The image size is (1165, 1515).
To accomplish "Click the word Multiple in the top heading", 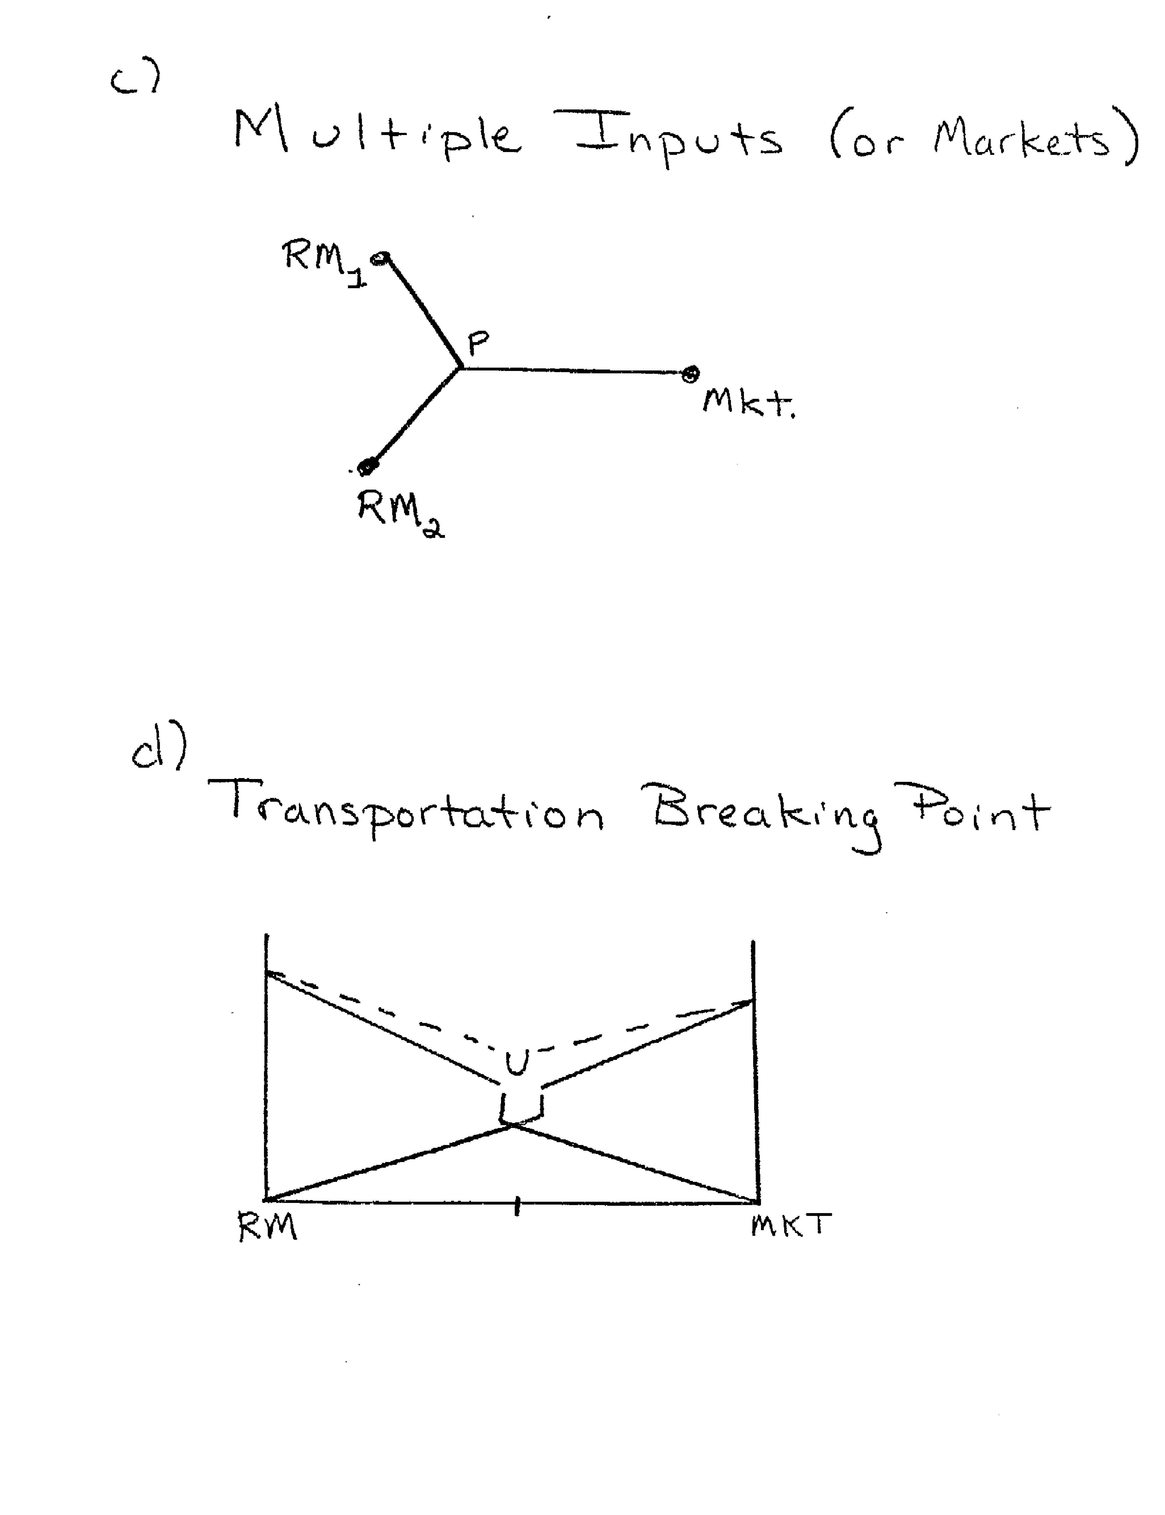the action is [x=378, y=135].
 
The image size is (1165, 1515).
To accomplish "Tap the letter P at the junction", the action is [x=478, y=342].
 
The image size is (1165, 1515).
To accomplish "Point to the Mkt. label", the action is [x=749, y=402].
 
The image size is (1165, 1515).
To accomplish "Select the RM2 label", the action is [x=401, y=513].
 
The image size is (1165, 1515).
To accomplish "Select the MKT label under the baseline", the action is [x=791, y=1225].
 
